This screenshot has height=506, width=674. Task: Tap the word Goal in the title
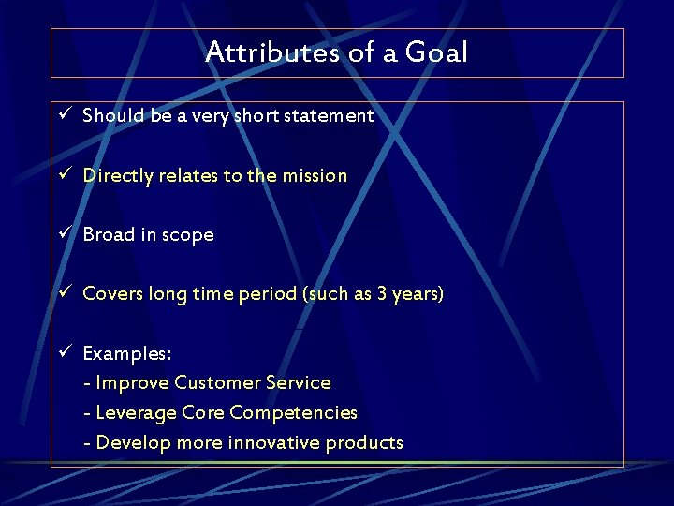[x=436, y=52]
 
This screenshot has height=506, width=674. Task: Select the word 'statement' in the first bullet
[x=333, y=116]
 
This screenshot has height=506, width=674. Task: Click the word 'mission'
[x=315, y=175]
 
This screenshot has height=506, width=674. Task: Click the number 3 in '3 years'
[x=382, y=294]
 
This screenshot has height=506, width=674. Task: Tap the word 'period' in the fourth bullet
[x=267, y=294]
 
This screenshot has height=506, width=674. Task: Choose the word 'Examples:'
[x=126, y=353]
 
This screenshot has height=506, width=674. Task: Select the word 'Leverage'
[x=137, y=413]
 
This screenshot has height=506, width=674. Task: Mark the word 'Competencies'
[x=293, y=413]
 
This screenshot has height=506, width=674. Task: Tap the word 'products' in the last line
[x=364, y=443]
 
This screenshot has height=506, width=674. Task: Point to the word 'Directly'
[x=117, y=176]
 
